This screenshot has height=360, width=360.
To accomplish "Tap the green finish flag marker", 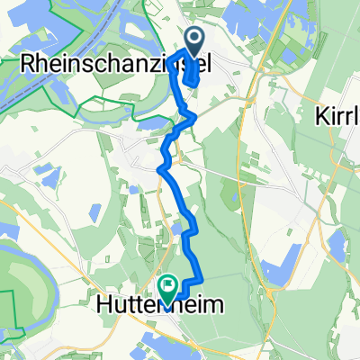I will click(168, 286).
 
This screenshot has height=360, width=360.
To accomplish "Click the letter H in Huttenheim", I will click(103, 306).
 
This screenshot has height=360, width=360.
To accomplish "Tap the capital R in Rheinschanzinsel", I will click(27, 65).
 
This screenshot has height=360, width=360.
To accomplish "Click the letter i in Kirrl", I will click(336, 117).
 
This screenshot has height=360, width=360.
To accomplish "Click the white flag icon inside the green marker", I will click(168, 284).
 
